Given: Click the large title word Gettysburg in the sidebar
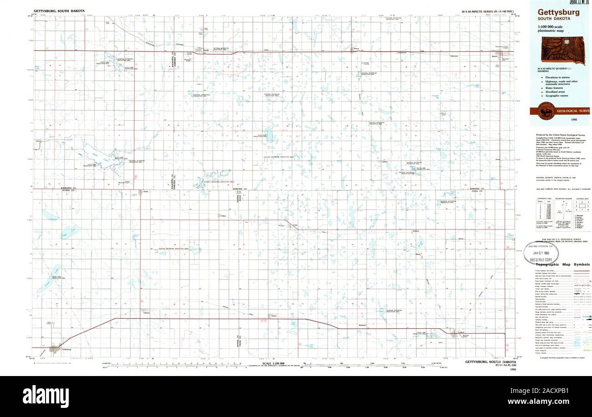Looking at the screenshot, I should coord(558,12).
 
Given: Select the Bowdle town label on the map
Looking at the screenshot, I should coord(205,51).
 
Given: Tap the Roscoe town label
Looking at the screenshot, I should coord(357,50).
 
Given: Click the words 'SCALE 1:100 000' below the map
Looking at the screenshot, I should coord(273,363).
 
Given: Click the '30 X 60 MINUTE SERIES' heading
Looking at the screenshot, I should coord(487,10).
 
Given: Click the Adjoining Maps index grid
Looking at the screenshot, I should coord(582,205).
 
